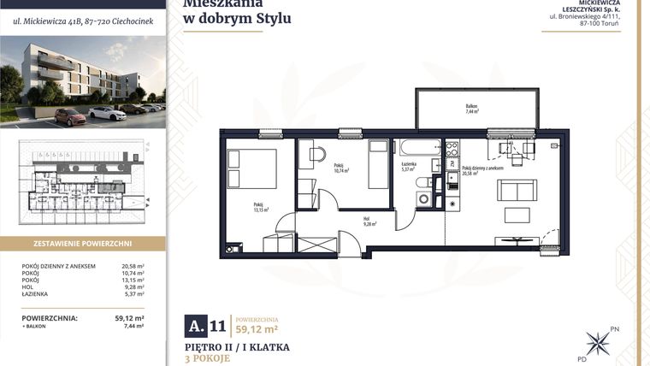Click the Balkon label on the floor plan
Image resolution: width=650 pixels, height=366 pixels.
point(472,109)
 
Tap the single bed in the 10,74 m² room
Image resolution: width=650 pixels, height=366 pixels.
point(379,164)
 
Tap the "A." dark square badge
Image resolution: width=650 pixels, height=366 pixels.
point(196,326)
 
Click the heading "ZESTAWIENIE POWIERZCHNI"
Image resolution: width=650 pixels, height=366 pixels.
point(82,243)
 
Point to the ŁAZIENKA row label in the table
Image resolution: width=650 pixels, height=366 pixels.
point(39,295)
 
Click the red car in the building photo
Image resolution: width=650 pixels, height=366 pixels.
point(70,116)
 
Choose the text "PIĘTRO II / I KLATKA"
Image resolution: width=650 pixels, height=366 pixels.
point(237,347)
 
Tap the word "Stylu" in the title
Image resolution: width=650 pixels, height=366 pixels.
point(270,17)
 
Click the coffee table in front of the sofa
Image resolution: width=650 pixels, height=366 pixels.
point(517,214)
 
